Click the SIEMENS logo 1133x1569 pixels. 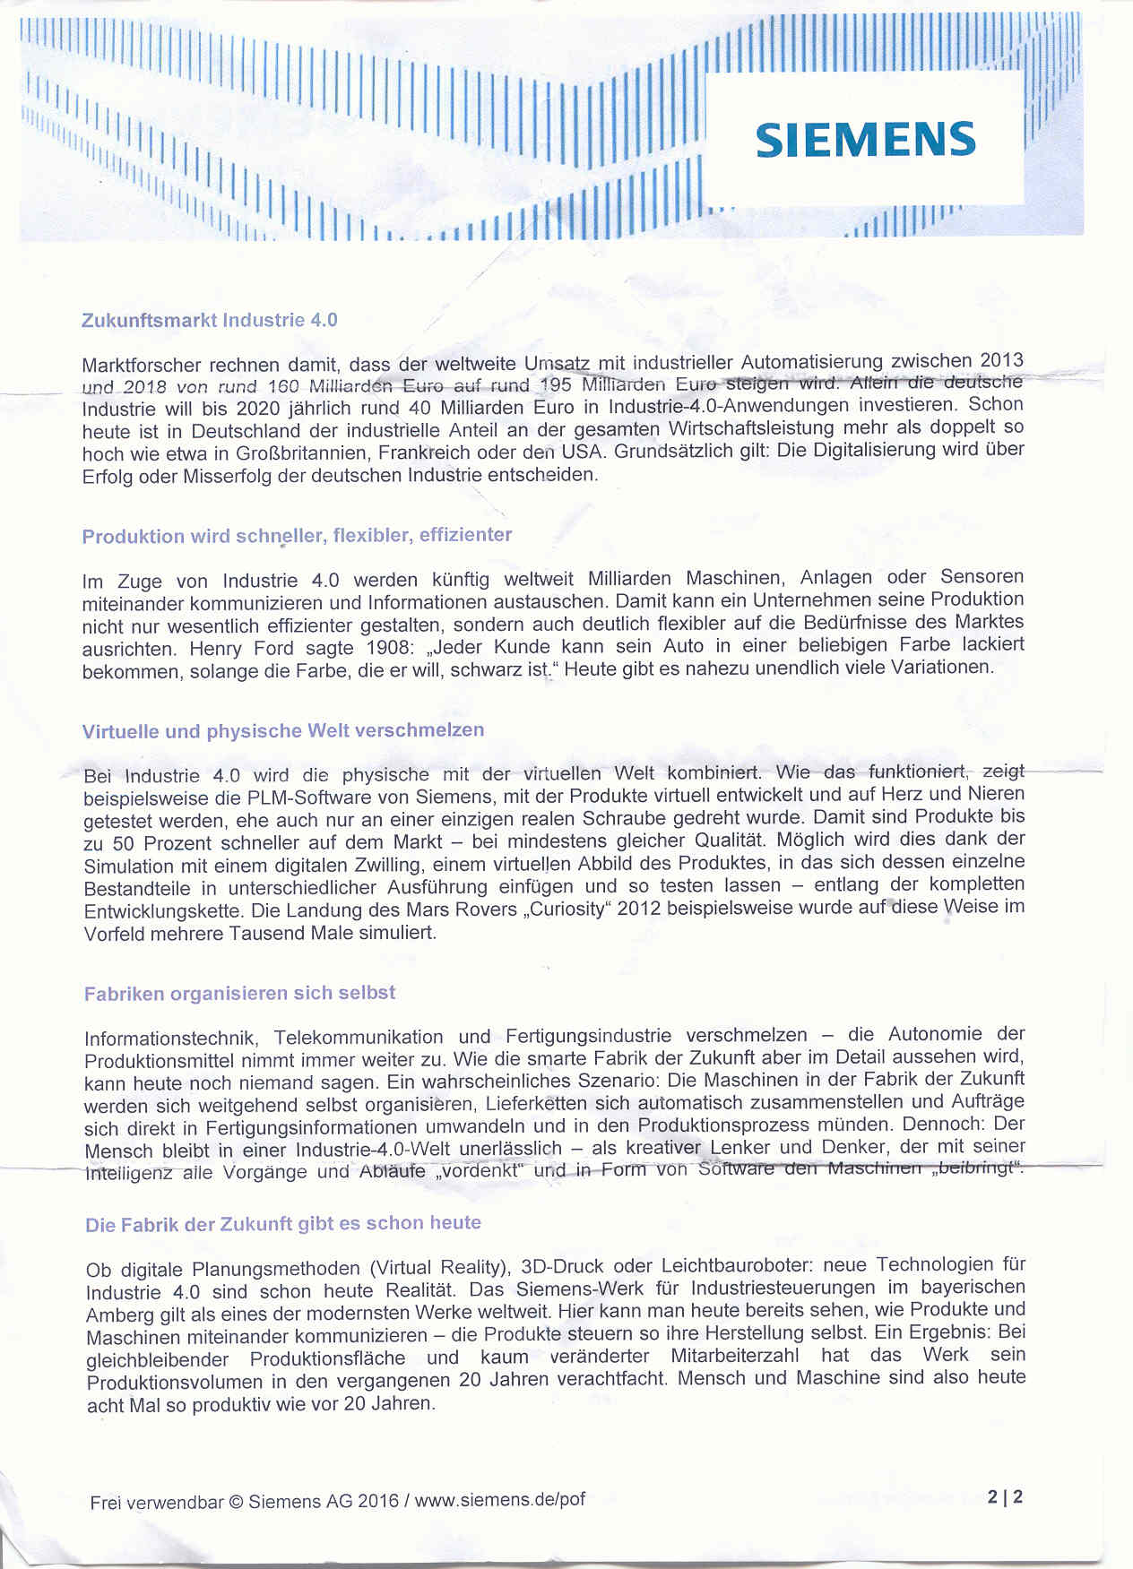click(865, 139)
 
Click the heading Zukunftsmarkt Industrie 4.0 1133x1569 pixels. click(210, 320)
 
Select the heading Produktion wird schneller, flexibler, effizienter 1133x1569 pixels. click(297, 536)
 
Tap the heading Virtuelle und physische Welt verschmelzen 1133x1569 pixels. click(283, 730)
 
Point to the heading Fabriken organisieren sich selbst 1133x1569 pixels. click(239, 994)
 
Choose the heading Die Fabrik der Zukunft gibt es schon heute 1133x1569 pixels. click(283, 1223)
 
